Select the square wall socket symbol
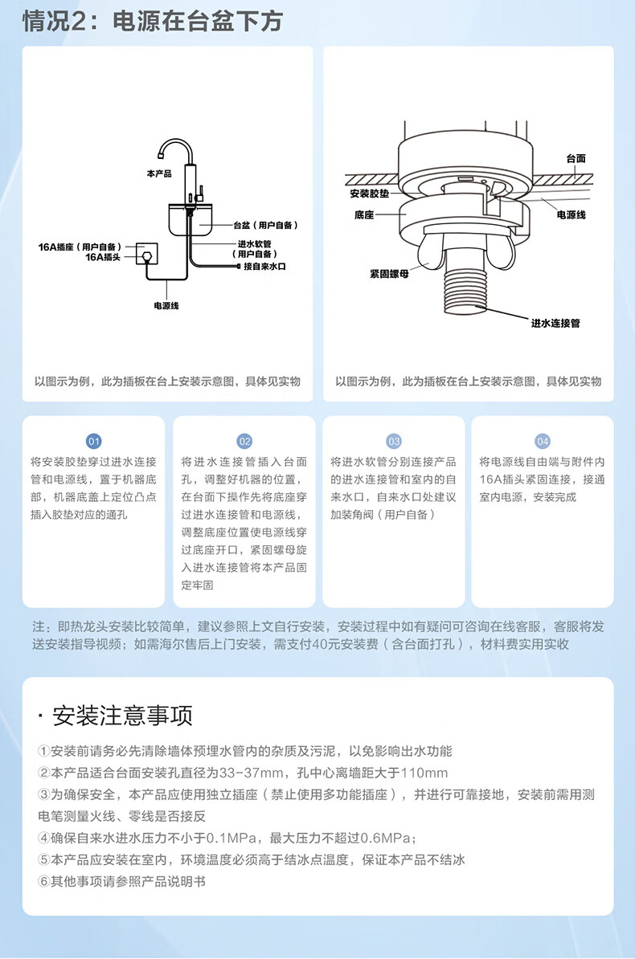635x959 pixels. click(146, 255)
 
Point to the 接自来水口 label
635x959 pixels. click(264, 266)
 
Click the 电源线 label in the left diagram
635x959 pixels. click(166, 306)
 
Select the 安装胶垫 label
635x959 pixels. click(370, 194)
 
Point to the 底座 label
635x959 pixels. click(364, 215)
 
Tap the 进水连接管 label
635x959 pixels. click(555, 323)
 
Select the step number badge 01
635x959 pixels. click(94, 441)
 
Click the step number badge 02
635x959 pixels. click(244, 441)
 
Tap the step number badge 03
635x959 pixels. click(394, 441)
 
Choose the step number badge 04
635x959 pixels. click(543, 441)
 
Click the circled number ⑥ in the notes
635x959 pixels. click(44, 881)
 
